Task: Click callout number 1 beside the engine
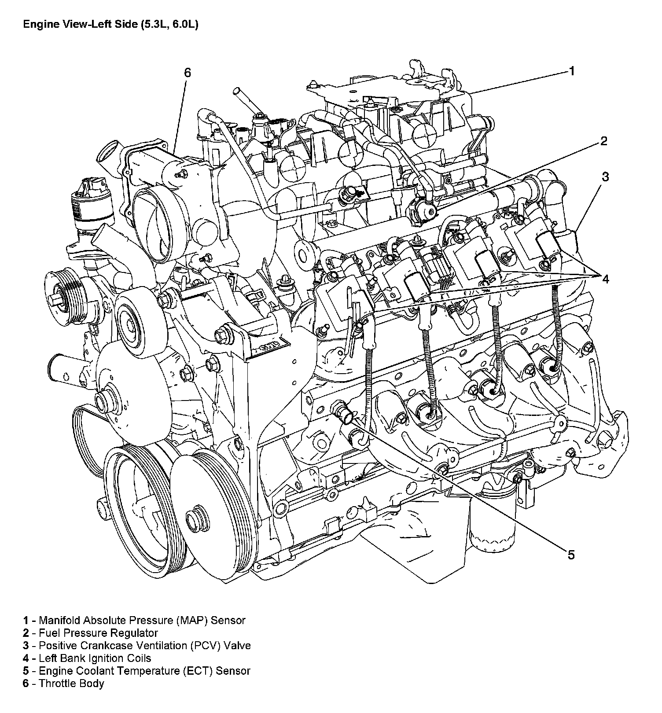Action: pos(572,71)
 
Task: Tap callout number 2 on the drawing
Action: pos(603,141)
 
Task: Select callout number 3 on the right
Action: pos(605,176)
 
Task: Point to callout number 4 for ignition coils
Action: pos(606,279)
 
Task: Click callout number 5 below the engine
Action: pos(571,555)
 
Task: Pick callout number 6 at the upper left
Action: pos(188,73)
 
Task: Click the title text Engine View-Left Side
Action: pos(110,25)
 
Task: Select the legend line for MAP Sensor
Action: pos(134,621)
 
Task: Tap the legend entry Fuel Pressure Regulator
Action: pos(91,633)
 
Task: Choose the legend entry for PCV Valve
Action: pos(137,646)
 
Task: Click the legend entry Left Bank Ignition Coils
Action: pos(87,658)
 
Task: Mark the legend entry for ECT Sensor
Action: pos(137,671)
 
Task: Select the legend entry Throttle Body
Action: pos(64,684)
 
